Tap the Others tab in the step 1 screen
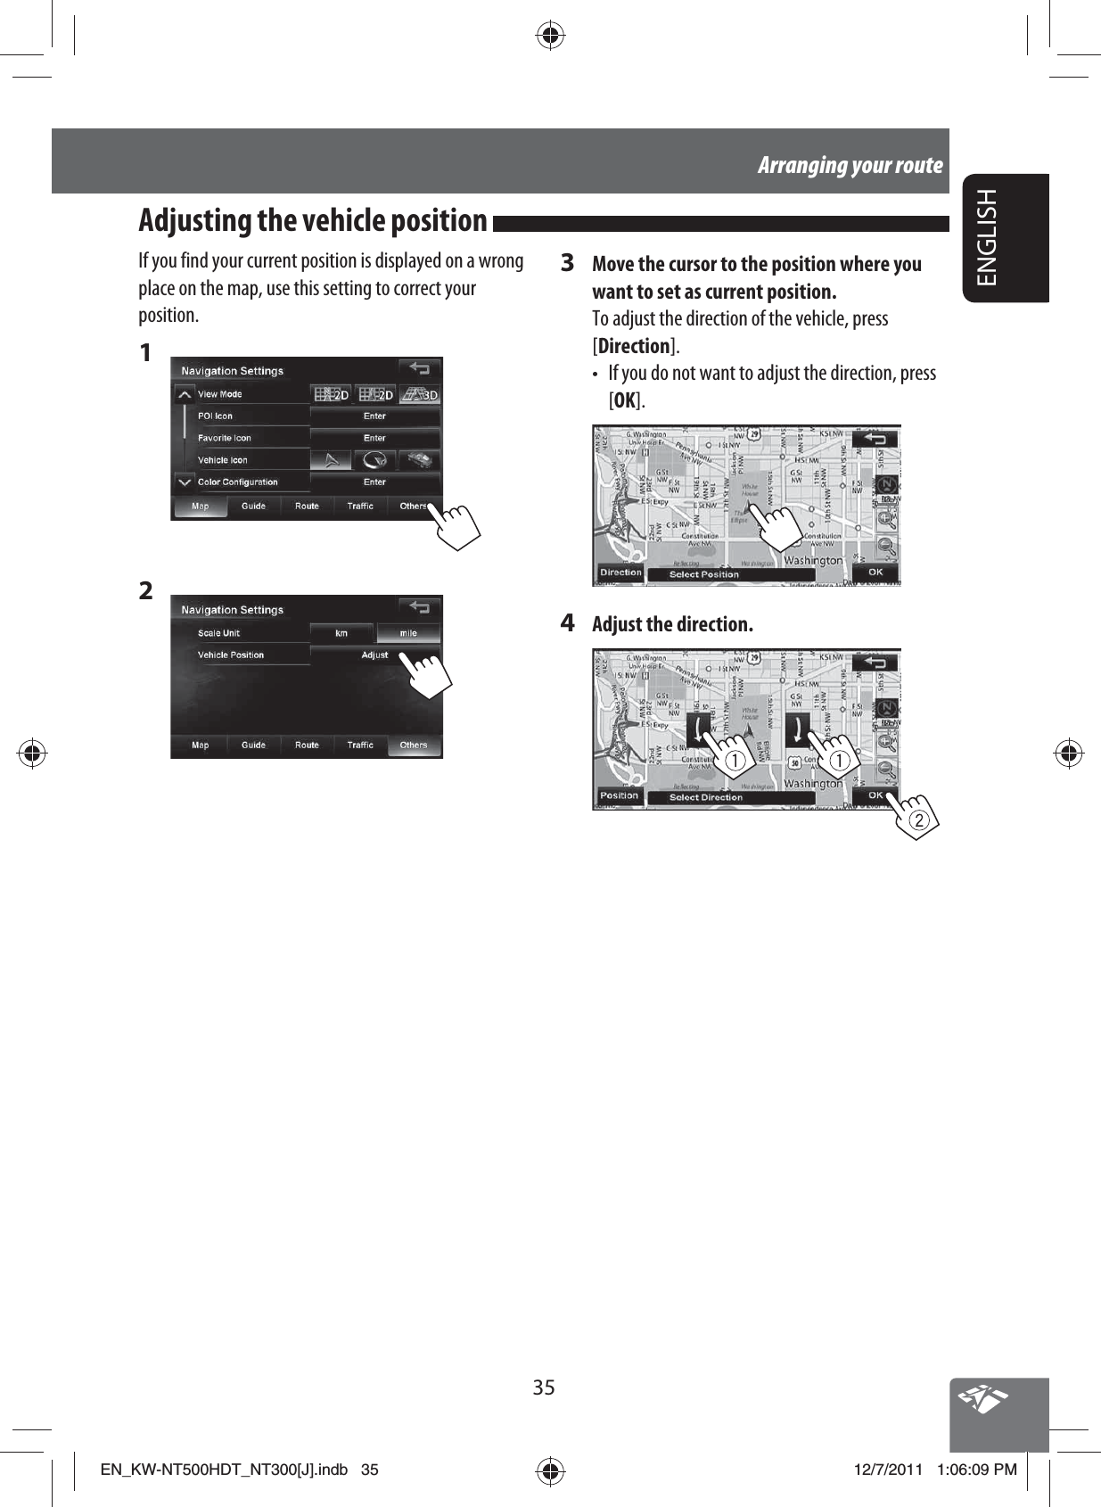(413, 506)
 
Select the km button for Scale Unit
(341, 633)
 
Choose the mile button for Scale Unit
(408, 633)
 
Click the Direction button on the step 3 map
(620, 572)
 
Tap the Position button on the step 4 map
(620, 795)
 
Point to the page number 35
(544, 1388)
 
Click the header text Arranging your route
(850, 165)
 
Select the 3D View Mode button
(420, 394)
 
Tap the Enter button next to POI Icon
(374, 416)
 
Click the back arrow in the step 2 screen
(419, 608)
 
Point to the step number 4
(567, 622)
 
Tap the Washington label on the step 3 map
(812, 560)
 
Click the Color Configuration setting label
(238, 482)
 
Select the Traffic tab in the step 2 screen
(360, 745)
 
